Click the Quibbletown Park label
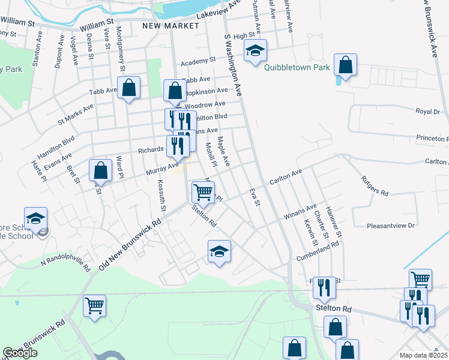tap(297, 68)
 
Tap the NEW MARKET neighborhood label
tap(170, 26)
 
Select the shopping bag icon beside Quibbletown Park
tap(346, 65)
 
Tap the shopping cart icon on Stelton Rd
tap(203, 193)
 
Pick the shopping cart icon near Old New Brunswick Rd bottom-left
tap(95, 305)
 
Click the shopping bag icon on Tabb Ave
tap(129, 88)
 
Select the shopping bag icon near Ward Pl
tap(101, 170)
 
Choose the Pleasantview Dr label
tap(391, 226)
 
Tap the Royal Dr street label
tap(428, 112)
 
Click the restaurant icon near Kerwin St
tap(324, 288)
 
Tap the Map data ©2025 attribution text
tap(423, 355)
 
